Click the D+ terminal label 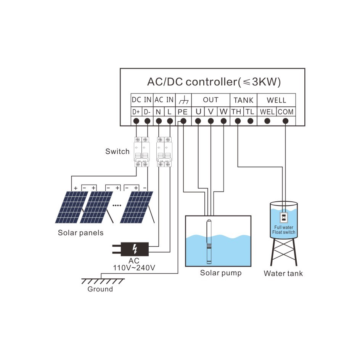pos(136,112)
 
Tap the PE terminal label pos(183,112)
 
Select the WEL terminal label pos(267,112)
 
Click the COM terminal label pos(286,112)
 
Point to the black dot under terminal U pos(198,121)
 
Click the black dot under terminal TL pos(250,121)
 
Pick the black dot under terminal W pos(224,121)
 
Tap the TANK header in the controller pos(243,100)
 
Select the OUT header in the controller pos(211,100)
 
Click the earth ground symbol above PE pos(183,100)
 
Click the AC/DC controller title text pos(214,82)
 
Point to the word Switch pos(117,152)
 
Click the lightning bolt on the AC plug pos(134,249)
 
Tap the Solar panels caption pos(80,233)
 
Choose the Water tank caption pos(283,273)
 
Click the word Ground pos(100,289)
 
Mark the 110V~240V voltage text pos(134,268)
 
